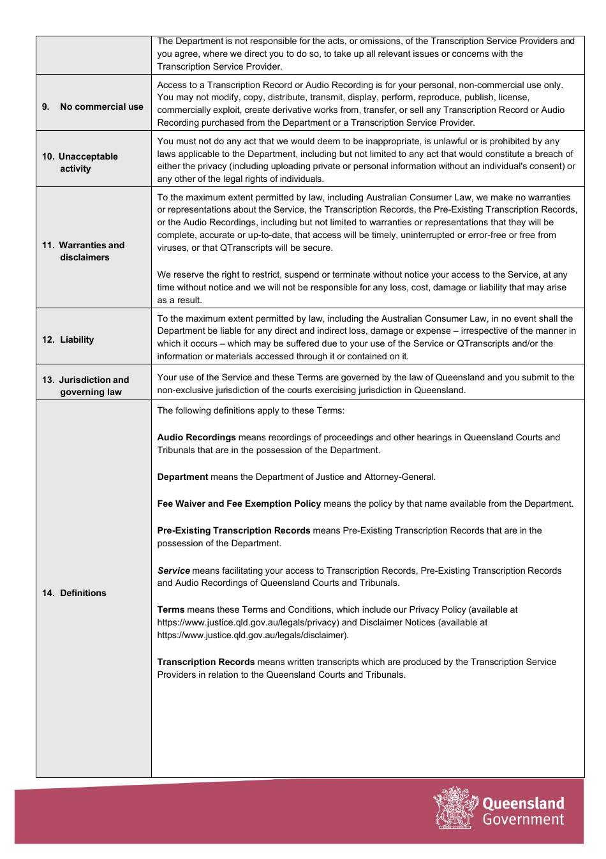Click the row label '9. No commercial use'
coord(92,107)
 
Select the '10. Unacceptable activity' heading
coord(80,162)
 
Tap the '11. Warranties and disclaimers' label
coord(84,251)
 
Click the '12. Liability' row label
coord(68,340)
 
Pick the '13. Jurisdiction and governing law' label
coord(85,385)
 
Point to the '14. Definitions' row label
coord(74,593)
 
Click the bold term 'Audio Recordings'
coord(196,437)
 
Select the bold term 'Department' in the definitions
coord(182,477)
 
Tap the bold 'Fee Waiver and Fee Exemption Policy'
coord(239,504)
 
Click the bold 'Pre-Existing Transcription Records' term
coord(233,530)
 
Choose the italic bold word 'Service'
coord(174,571)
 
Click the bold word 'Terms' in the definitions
coord(171,609)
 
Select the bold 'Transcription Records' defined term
coord(206,662)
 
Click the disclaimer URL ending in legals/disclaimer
coord(253,635)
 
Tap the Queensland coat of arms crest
coord(454,808)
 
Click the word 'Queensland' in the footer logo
coord(523,803)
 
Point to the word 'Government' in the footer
coord(523,819)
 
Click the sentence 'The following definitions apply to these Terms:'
coord(251,410)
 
